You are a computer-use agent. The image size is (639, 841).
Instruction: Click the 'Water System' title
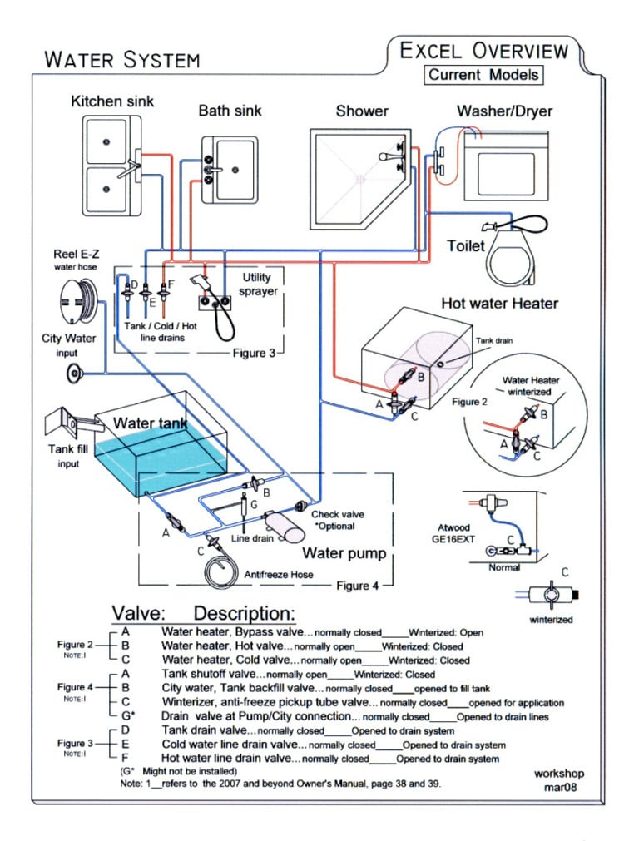click(122, 59)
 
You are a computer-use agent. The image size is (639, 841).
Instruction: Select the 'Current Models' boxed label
click(483, 75)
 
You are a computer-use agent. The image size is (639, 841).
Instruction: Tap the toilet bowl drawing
click(512, 256)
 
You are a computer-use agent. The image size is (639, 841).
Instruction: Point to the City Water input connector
click(75, 373)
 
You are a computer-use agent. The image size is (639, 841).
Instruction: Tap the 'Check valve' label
click(338, 514)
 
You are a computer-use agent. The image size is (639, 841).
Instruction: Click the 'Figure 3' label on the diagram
click(254, 353)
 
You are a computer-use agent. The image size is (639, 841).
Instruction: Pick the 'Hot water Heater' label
click(499, 304)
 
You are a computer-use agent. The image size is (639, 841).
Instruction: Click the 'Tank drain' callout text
click(493, 340)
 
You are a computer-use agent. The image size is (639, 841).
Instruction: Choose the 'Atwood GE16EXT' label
click(453, 533)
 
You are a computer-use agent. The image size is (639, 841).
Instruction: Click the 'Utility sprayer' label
click(258, 284)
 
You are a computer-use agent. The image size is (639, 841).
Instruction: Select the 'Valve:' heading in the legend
click(138, 613)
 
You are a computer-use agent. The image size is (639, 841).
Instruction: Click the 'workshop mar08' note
click(559, 780)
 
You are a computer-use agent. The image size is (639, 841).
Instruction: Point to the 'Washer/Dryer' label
click(504, 111)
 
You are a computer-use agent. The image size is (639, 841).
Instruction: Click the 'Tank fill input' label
click(68, 456)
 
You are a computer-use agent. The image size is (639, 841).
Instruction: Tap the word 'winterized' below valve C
click(551, 620)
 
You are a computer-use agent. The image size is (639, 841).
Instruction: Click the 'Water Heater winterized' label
click(530, 386)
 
